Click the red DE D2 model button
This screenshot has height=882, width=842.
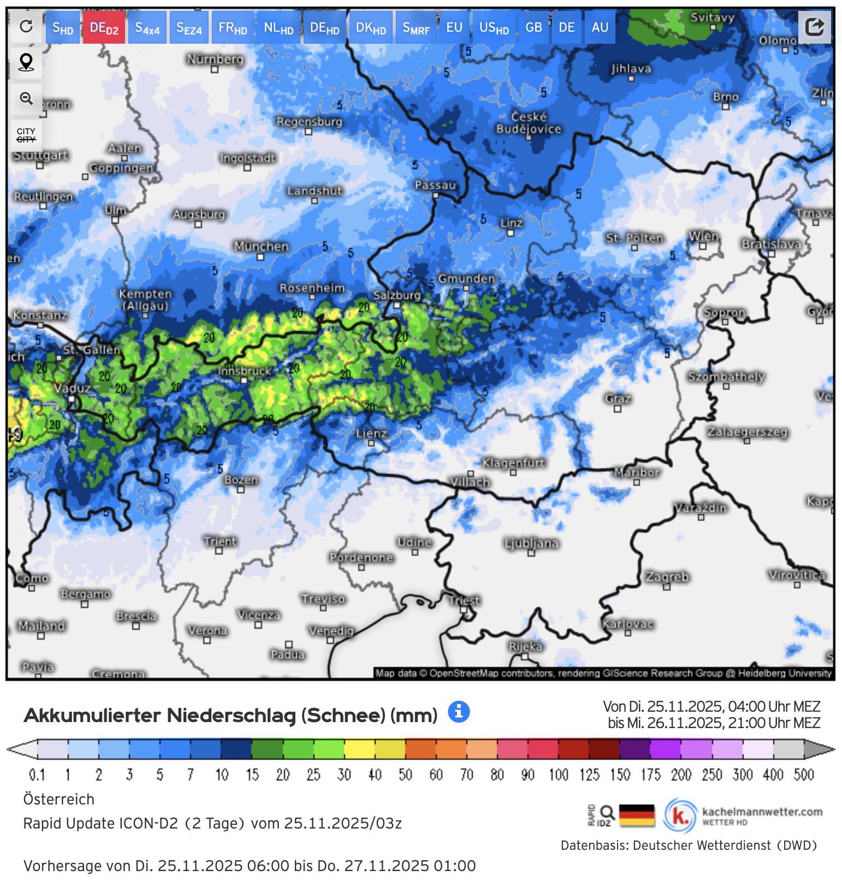tap(104, 27)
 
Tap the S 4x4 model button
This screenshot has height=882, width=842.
tap(147, 27)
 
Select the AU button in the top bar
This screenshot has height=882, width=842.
tap(600, 27)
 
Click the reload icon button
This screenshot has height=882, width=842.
tap(26, 26)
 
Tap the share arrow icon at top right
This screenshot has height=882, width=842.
tap(814, 26)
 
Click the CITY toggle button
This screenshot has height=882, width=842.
tap(26, 135)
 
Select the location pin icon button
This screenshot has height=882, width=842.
tap(26, 62)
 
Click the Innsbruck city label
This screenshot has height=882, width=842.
tap(245, 371)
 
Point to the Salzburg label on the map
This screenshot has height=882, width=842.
tap(397, 295)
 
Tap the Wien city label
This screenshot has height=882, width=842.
tap(703, 236)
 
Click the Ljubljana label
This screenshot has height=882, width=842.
tap(531, 543)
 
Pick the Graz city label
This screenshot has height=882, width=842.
tap(618, 398)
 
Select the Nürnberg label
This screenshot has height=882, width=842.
tap(215, 59)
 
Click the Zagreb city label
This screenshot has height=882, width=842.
tap(667, 577)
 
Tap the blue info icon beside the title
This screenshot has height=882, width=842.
tap(459, 712)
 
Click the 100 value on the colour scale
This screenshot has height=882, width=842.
tap(559, 774)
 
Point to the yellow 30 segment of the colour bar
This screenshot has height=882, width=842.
tap(359, 749)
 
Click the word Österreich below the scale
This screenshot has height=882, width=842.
tap(59, 799)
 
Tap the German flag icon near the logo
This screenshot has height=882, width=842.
tap(637, 815)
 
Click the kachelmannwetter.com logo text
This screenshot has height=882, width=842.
tap(762, 812)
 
